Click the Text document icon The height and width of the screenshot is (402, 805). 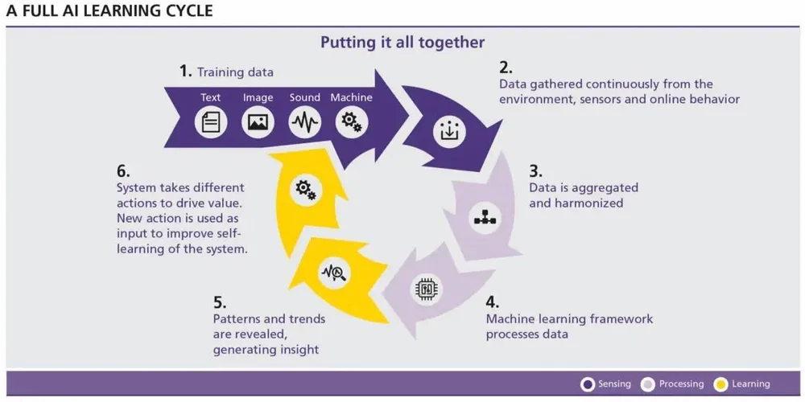(x=211, y=122)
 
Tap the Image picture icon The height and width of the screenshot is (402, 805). (x=258, y=122)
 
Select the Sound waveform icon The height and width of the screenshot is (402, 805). (x=305, y=122)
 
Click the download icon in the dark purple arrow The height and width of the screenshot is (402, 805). (x=448, y=132)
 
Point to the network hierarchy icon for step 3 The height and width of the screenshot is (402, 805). (x=484, y=217)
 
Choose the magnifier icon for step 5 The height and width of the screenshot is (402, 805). (x=334, y=273)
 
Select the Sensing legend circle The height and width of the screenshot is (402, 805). (x=588, y=384)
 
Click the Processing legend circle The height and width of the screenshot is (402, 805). (x=648, y=384)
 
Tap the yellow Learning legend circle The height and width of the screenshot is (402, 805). (x=721, y=384)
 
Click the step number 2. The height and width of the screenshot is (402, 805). (x=506, y=68)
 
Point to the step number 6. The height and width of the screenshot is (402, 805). (x=123, y=171)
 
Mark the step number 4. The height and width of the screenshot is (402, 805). (x=493, y=302)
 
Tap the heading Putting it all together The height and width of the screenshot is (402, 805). (x=402, y=42)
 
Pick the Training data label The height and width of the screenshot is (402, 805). (x=235, y=72)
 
